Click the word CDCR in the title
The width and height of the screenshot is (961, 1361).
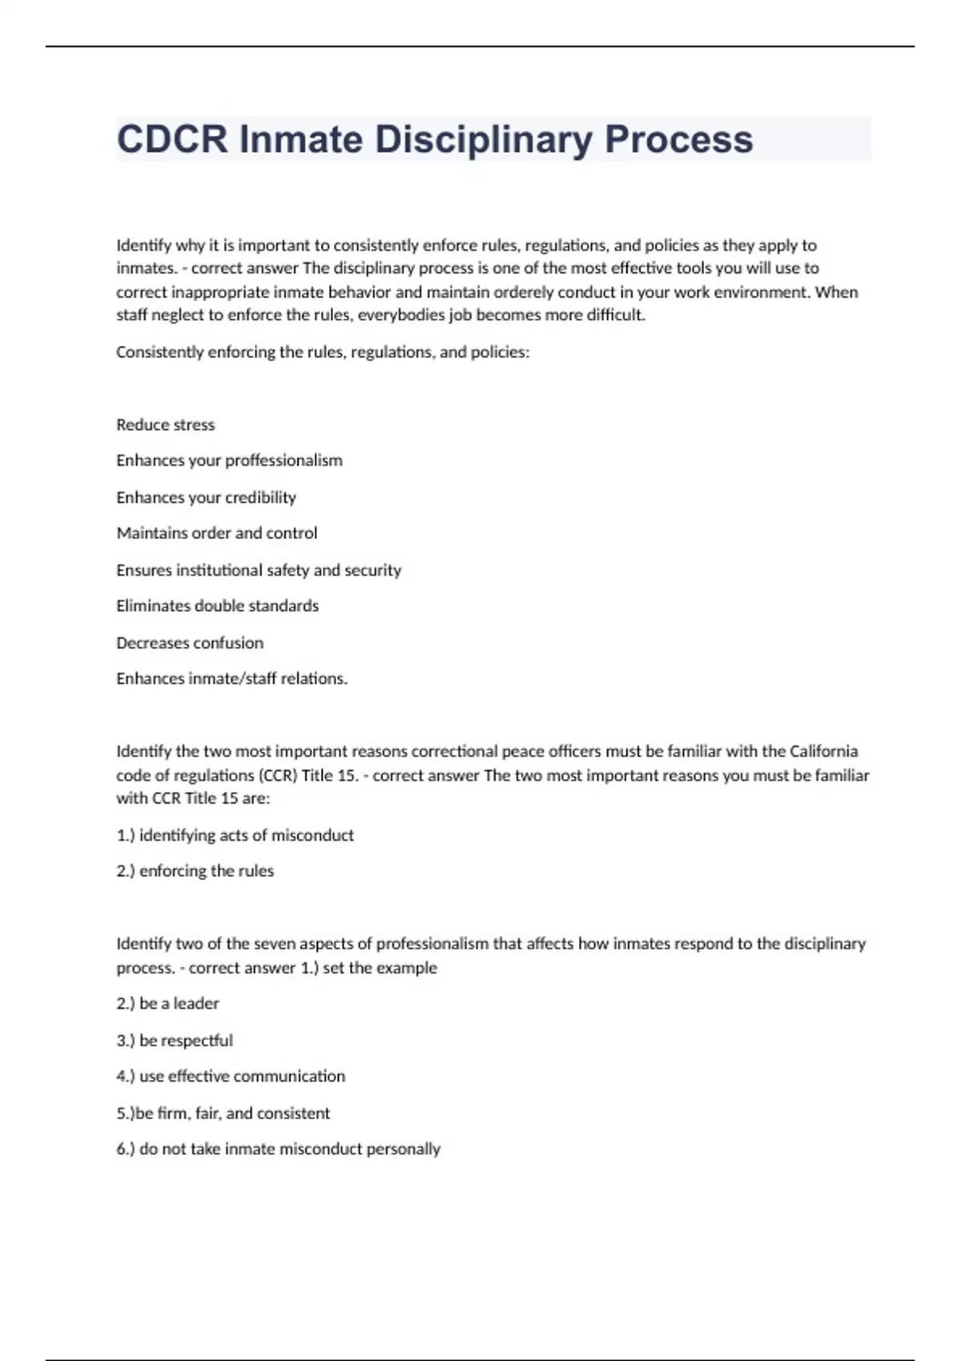(x=172, y=139)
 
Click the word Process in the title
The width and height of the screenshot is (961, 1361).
(x=678, y=139)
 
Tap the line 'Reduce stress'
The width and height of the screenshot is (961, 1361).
(x=166, y=424)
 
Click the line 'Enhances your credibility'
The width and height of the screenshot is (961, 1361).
(x=206, y=497)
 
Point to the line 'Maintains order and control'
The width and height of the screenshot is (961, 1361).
(x=216, y=533)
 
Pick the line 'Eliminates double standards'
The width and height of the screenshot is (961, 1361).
(x=217, y=606)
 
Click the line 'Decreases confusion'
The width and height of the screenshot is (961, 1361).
(x=190, y=643)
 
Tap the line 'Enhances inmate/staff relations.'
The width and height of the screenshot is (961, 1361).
(x=231, y=679)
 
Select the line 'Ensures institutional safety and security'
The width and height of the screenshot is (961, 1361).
(x=259, y=570)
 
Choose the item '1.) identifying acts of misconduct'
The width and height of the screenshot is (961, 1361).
(x=235, y=835)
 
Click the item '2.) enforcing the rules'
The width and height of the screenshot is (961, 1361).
(x=195, y=871)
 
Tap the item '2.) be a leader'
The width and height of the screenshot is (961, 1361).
(x=167, y=1003)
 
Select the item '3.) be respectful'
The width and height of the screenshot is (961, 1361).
(x=175, y=1040)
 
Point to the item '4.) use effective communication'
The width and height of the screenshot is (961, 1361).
(x=231, y=1076)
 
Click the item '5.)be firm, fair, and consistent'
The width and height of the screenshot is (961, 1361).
(x=223, y=1113)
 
